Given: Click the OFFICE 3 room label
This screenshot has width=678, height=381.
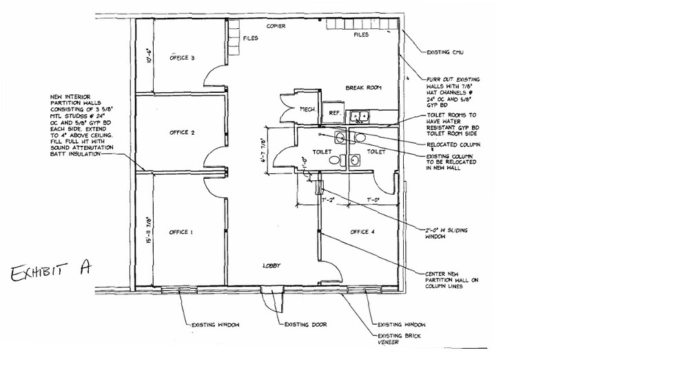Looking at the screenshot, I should tap(182, 58).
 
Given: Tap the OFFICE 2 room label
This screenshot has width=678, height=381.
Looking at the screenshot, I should tap(182, 132).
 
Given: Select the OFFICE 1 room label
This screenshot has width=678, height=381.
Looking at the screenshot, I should tap(180, 232).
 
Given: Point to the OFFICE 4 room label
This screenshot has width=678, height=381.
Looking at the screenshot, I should tap(362, 232).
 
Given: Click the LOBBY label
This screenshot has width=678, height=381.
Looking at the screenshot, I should tap(270, 265).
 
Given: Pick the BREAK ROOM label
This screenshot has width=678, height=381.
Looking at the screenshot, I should tap(363, 88).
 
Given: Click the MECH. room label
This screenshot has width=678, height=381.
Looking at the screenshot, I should tap(307, 109).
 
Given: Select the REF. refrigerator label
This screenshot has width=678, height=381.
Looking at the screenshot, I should tap(336, 112).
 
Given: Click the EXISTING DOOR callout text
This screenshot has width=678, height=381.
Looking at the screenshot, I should tap(305, 324).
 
